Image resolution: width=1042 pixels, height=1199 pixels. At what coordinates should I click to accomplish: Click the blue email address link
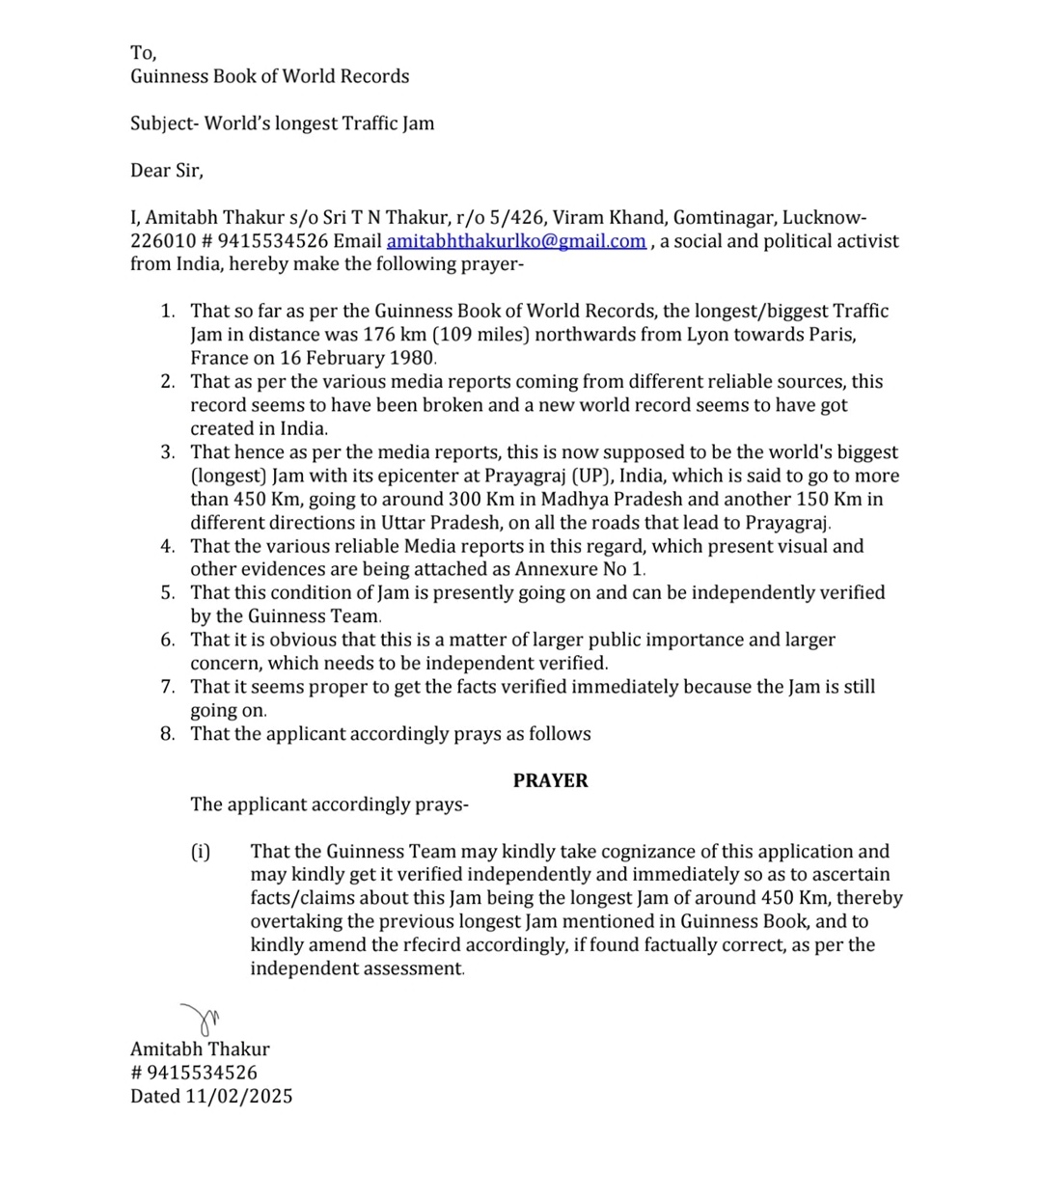click(516, 241)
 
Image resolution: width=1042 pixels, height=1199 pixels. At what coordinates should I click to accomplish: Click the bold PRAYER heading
click(550, 780)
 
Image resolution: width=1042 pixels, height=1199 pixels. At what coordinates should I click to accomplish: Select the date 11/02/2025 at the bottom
click(239, 1096)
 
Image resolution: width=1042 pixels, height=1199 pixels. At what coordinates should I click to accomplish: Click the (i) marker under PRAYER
click(200, 851)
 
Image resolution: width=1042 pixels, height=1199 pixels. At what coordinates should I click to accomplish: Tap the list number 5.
click(168, 592)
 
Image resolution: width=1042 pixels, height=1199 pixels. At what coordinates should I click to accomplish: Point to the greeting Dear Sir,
click(167, 171)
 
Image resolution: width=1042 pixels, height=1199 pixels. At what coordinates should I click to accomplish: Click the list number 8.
click(168, 734)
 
